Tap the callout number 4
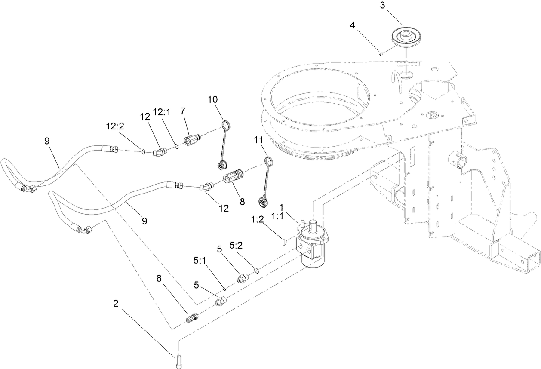tap(353, 25)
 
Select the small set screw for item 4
tap(381, 54)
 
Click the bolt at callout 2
tap(178, 361)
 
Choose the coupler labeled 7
tap(191, 140)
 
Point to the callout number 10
tap(213, 99)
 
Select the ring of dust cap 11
tap(268, 162)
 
